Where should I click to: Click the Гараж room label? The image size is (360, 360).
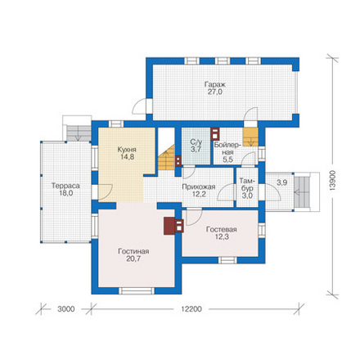(215, 84)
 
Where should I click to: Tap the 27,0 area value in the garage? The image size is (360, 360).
(215, 92)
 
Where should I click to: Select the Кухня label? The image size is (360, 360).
(127, 150)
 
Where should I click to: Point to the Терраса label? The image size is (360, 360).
(65, 186)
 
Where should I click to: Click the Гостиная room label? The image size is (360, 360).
(133, 251)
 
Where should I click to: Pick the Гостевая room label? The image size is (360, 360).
(222, 230)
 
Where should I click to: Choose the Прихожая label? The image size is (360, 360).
(199, 187)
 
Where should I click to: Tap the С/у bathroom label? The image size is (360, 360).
(196, 142)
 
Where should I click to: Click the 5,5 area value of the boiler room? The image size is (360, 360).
(228, 160)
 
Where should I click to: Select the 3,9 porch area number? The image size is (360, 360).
(281, 182)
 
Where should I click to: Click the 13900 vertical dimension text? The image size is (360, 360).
(332, 181)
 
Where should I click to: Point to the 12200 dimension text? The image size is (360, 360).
(191, 309)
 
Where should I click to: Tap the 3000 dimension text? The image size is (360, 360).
(66, 309)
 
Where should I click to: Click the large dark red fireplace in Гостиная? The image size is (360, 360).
(169, 226)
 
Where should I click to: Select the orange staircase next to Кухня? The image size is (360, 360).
(166, 158)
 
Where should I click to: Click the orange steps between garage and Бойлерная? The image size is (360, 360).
(250, 137)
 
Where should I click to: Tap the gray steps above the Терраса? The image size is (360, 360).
(79, 133)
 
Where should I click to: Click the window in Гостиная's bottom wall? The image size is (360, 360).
(137, 290)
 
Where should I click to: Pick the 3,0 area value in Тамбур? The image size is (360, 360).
(247, 196)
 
